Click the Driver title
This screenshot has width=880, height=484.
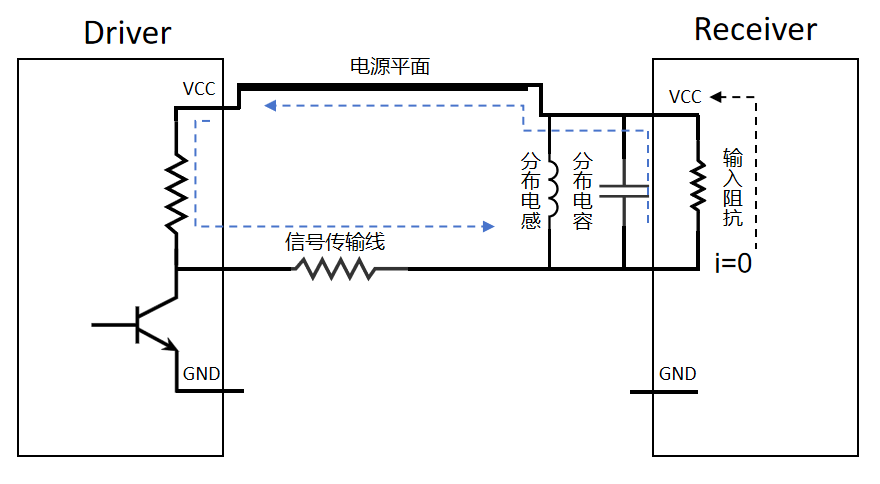pyautogui.click(x=127, y=32)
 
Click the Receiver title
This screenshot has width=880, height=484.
pyautogui.click(x=755, y=29)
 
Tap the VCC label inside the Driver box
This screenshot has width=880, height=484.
pyautogui.click(x=199, y=89)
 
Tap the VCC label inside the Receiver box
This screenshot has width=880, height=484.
pyautogui.click(x=685, y=97)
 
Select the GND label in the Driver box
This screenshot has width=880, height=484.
pyautogui.click(x=201, y=375)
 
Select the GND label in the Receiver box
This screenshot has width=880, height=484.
pyautogui.click(x=677, y=374)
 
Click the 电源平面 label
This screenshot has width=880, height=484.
pyautogui.click(x=390, y=67)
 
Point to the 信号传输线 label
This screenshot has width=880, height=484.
pyautogui.click(x=335, y=242)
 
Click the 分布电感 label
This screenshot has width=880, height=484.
pyautogui.click(x=531, y=190)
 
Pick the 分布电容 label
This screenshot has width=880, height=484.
pyautogui.click(x=583, y=190)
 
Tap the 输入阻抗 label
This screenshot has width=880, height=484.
pyautogui.click(x=733, y=190)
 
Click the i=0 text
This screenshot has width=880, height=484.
pyautogui.click(x=732, y=264)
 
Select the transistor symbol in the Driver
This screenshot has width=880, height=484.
pyautogui.click(x=150, y=322)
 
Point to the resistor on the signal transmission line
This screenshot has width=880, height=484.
pyautogui.click(x=339, y=269)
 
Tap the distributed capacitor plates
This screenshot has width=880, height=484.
pyautogui.click(x=624, y=191)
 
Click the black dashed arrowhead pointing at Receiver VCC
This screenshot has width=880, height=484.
pyautogui.click(x=717, y=97)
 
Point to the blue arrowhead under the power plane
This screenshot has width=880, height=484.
pyautogui.click(x=270, y=104)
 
